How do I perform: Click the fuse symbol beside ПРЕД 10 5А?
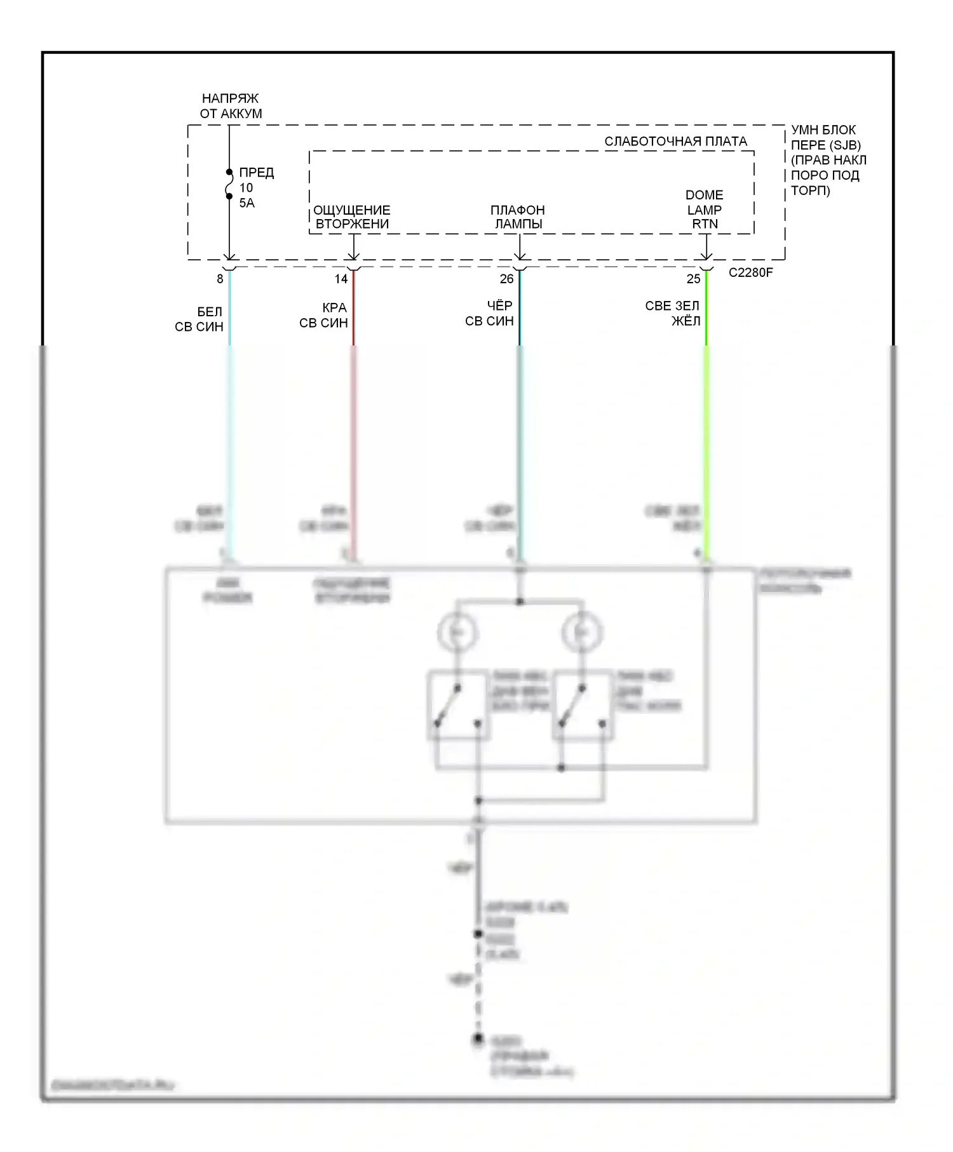229,184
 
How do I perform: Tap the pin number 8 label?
220,279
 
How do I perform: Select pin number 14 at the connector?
341,279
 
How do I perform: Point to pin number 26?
506,279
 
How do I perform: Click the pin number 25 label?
693,279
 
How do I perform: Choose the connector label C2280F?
750,273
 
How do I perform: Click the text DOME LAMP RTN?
705,210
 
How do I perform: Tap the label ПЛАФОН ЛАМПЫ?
518,217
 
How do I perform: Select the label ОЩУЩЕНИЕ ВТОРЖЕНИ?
352,217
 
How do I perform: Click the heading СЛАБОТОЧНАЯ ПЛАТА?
675,142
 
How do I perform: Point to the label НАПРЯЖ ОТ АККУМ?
231,106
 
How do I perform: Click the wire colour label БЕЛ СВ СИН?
200,319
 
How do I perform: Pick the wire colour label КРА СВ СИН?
325,316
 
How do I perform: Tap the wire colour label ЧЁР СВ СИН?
490,314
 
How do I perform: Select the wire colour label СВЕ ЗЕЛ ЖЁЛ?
673,314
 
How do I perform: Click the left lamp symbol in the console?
457,633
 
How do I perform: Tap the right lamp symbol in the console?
581,633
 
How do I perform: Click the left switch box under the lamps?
458,706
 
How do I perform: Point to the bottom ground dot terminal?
478,1039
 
